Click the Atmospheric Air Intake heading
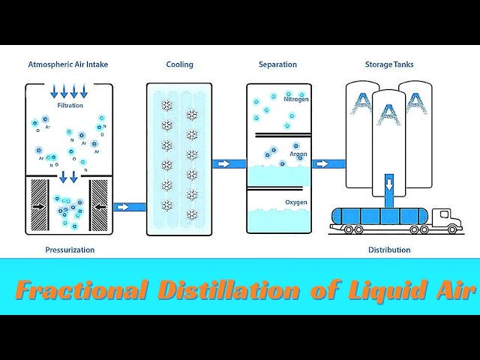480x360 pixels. click(x=67, y=64)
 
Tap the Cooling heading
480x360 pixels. click(x=179, y=64)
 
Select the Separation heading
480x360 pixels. click(x=278, y=64)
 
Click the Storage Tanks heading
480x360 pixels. click(x=389, y=64)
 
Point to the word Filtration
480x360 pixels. click(x=70, y=106)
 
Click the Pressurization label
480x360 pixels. click(x=70, y=250)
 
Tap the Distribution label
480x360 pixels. click(x=389, y=250)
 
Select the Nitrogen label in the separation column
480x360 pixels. click(x=295, y=98)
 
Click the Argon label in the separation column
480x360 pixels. click(x=298, y=153)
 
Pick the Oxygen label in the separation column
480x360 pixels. click(x=295, y=202)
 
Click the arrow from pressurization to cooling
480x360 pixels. click(x=130, y=206)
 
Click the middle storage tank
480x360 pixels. click(x=388, y=135)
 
